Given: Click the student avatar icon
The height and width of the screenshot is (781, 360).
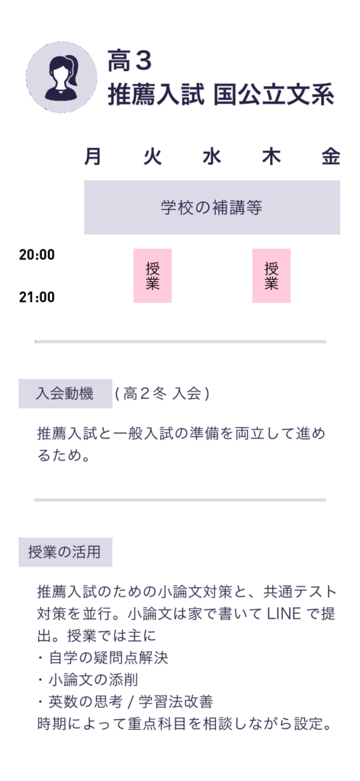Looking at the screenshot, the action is pos(62,77).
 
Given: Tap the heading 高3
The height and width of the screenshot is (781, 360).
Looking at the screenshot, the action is pos(129,63).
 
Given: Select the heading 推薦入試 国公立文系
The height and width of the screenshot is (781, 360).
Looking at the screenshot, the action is pos(220,95).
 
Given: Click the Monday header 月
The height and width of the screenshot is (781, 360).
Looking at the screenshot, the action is pos(92,157).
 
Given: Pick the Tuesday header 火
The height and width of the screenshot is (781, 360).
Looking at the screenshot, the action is pos(153,157).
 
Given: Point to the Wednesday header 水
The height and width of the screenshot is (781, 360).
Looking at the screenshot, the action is pos(211,157).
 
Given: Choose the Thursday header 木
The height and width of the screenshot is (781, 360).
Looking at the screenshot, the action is pos(272,157).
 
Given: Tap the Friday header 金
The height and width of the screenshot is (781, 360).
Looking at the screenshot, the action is pos(330,157).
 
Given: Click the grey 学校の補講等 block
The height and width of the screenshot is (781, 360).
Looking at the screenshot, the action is pos(212,207).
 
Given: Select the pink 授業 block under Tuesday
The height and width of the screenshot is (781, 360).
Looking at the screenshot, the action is pos(153,275).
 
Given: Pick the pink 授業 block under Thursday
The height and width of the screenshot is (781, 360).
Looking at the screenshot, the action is pos(272,275).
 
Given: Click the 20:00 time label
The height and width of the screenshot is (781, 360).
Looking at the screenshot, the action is pos(37,255).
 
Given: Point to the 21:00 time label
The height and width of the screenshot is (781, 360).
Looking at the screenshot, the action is pos(37,297).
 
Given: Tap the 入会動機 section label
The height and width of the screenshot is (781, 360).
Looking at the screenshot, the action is pos(66,394).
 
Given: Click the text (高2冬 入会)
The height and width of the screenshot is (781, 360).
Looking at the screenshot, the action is pos(162,394).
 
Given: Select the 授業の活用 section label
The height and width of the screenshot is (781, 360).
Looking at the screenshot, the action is pos(66,552).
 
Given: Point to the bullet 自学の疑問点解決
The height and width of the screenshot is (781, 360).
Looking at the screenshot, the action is pos(103,658).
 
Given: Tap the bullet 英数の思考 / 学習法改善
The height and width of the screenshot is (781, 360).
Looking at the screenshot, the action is pos(126,702).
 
